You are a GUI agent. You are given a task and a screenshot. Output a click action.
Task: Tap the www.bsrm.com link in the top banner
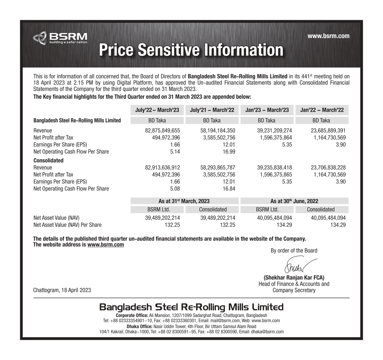[x=328, y=36]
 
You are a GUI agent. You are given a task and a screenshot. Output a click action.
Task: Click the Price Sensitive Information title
[x=191, y=50]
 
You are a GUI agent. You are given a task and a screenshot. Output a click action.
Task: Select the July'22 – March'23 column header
[x=157, y=110]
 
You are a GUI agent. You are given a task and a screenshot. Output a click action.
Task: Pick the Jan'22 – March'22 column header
[x=322, y=110]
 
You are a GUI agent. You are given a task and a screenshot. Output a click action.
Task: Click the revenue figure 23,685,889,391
[x=323, y=130]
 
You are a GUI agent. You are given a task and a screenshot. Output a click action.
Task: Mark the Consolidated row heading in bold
[x=48, y=160]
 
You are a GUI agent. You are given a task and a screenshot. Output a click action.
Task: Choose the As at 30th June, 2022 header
[x=294, y=201]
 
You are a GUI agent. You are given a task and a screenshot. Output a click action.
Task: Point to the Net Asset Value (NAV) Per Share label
[x=67, y=225]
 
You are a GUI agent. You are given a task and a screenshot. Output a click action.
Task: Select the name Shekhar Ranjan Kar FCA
[x=294, y=278]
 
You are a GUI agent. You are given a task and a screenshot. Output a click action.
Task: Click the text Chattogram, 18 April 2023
[x=62, y=290]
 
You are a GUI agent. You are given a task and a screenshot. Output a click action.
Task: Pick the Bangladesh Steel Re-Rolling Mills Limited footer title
[x=191, y=307]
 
